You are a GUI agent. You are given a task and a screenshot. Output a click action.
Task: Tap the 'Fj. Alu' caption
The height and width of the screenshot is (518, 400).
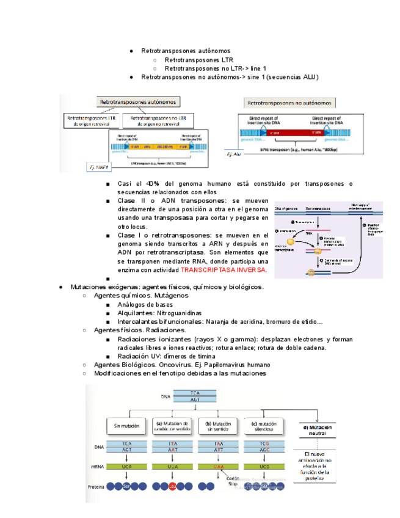235,155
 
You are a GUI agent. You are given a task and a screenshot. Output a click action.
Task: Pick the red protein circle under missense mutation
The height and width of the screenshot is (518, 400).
173,486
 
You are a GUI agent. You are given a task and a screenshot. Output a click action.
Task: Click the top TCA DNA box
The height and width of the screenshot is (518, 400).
194,392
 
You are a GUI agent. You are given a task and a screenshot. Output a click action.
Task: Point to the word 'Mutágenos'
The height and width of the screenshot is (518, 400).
173,295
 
